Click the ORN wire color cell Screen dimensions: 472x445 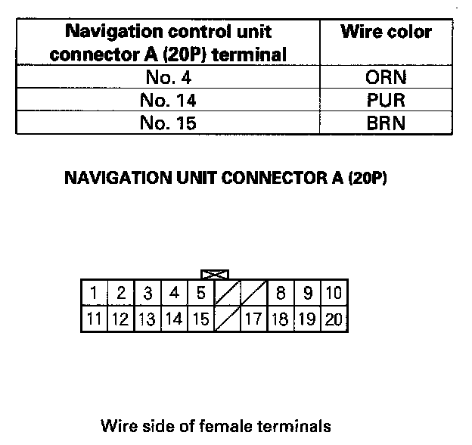[x=387, y=77]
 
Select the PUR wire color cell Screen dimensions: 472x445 [x=387, y=100]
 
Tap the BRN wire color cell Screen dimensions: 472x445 [x=387, y=123]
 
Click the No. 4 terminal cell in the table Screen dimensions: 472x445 [x=169, y=77]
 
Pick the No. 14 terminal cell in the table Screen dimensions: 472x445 [x=169, y=100]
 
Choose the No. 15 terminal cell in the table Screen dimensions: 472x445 [x=169, y=123]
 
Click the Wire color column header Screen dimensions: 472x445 [x=387, y=33]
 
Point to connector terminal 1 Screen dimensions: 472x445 [x=93, y=293]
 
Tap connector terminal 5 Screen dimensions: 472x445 [x=200, y=293]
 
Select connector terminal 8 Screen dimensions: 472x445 [x=281, y=293]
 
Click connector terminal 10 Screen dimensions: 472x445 [x=333, y=293]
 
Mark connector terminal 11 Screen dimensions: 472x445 [x=93, y=319]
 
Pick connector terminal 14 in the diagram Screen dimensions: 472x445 [x=174, y=319]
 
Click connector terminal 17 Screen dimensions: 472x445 [x=253, y=319]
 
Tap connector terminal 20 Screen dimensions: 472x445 [x=333, y=319]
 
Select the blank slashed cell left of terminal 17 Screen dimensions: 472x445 [x=227, y=319]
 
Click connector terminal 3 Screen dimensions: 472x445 [x=148, y=293]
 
